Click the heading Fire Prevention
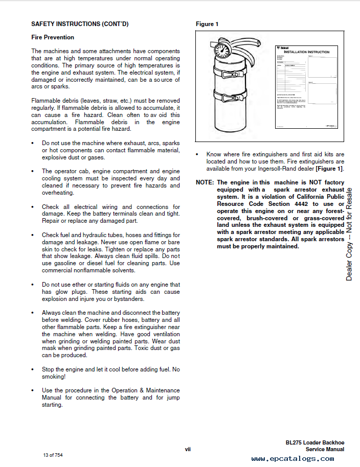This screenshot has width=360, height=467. (53, 37)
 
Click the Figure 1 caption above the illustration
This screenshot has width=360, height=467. (207, 24)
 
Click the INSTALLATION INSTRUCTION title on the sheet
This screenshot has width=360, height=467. (307, 52)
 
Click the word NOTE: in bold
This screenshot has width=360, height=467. (206, 182)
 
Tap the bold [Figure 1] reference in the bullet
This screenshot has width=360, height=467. (329, 169)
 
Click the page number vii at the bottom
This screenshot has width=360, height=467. (188, 449)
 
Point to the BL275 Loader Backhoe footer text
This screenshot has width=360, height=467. (315, 442)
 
